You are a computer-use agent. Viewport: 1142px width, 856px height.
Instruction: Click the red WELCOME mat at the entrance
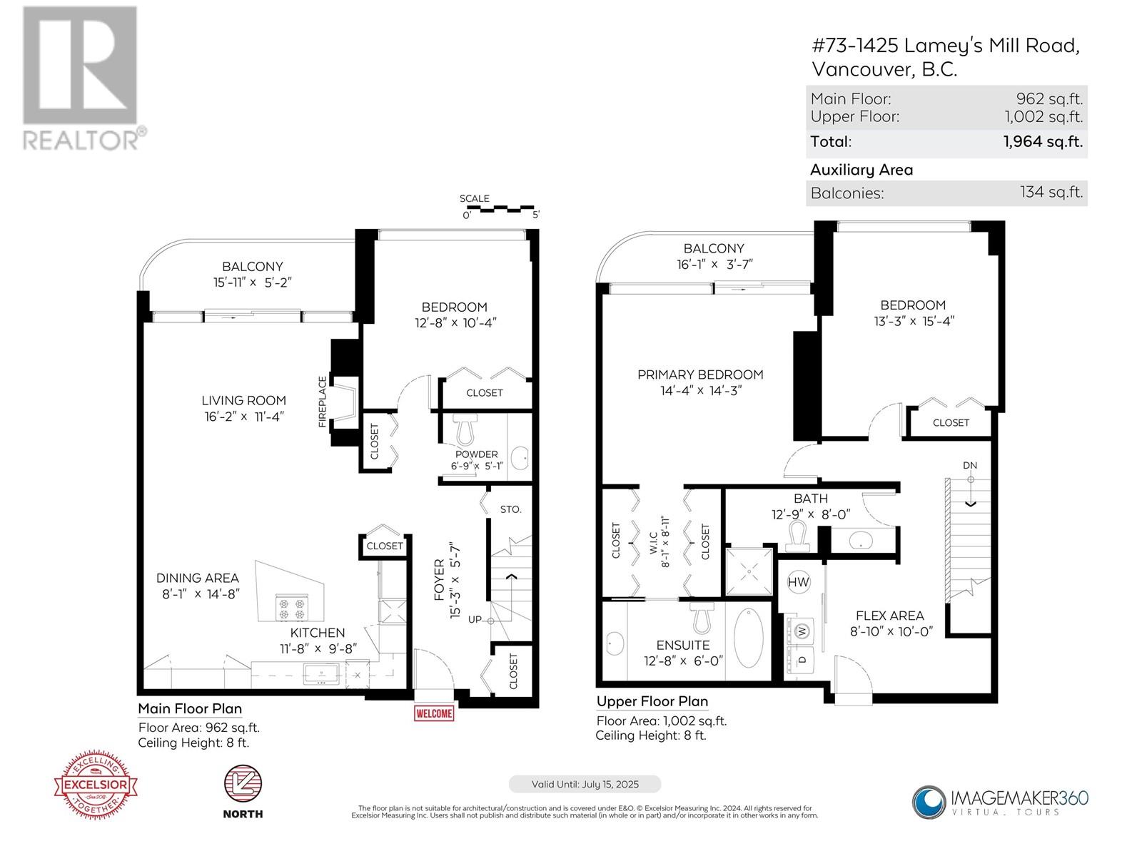[x=433, y=713]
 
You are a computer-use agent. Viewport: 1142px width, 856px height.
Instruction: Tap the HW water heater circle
[x=798, y=582]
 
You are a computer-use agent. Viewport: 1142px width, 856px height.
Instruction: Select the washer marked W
[x=802, y=631]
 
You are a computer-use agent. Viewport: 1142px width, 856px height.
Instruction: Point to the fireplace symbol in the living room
[x=346, y=402]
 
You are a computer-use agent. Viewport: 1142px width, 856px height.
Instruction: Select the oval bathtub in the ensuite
[x=748, y=637]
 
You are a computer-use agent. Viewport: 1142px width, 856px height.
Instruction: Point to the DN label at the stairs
[x=969, y=465]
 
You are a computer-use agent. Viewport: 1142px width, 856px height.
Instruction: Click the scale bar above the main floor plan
[x=500, y=208]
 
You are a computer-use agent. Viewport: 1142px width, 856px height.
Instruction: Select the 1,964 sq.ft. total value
[x=1043, y=141]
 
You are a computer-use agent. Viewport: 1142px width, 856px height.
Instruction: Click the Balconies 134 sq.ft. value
[x=1051, y=192]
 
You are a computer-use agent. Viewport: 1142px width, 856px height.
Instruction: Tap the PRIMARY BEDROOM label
[x=699, y=374]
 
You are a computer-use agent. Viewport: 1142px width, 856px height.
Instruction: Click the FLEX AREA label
[x=889, y=616]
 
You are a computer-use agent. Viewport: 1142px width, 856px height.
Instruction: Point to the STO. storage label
[x=510, y=509]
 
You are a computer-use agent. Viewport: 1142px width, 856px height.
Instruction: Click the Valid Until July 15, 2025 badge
[x=585, y=784]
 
